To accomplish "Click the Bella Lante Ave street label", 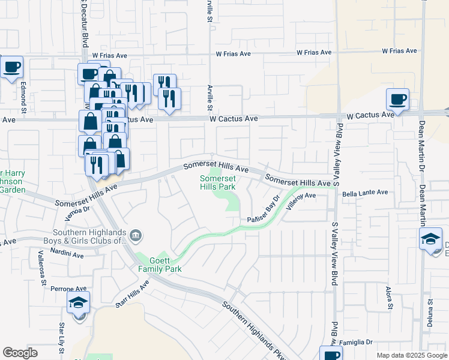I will coord(365,193).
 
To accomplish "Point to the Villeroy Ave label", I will coord(301,200).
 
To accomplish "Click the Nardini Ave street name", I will coord(67,255).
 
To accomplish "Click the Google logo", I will coord(20,353).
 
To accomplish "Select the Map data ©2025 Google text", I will coord(411,355).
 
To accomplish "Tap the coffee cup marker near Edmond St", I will coord(11,67).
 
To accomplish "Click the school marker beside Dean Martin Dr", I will coord(430,239).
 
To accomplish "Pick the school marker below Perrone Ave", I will coord(78,305).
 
